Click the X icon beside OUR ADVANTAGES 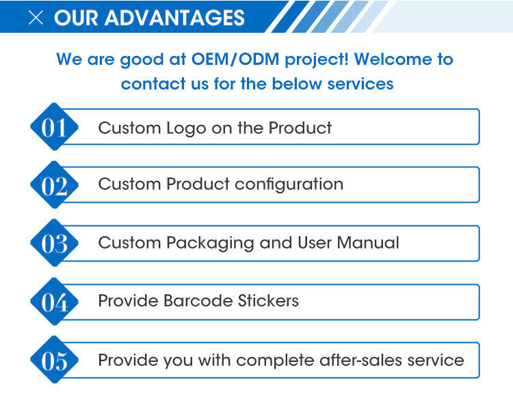(x=36, y=18)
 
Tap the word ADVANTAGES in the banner (x=174, y=18)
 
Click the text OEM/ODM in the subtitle (x=235, y=59)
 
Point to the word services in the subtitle (x=360, y=83)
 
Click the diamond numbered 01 (x=54, y=127)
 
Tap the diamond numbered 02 (x=54, y=184)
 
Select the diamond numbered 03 (x=54, y=242)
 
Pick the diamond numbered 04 (x=54, y=301)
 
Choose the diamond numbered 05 (x=54, y=359)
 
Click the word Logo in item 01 (x=186, y=129)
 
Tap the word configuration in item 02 (x=289, y=185)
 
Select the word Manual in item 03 (x=368, y=242)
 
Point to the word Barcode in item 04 (x=198, y=300)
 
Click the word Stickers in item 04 (x=268, y=300)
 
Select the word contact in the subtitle (x=153, y=83)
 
